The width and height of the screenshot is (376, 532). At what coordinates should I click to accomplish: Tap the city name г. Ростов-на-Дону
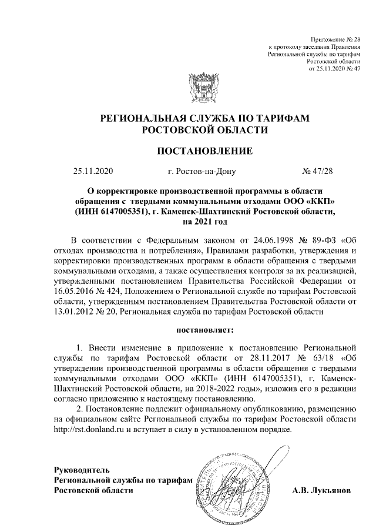pyautogui.click(x=204, y=172)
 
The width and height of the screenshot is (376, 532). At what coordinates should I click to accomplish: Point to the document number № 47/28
pyautogui.click(x=317, y=172)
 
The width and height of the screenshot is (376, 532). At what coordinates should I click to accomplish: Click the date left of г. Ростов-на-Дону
pyautogui.click(x=92, y=172)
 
